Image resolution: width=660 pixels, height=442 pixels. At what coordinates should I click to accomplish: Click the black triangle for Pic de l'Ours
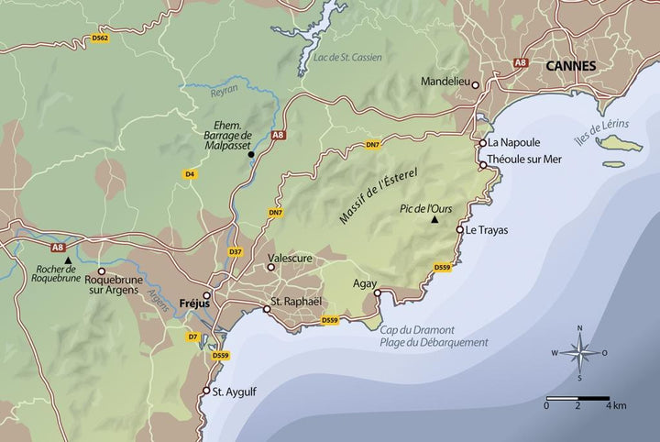[x=435, y=221]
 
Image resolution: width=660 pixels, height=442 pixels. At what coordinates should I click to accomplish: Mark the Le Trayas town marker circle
[x=460, y=230]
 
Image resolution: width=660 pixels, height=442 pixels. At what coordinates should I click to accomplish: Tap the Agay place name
[x=366, y=283]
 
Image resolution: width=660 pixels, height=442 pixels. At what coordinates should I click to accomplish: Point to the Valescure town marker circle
[x=270, y=268]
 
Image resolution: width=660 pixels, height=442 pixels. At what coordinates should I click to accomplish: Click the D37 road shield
[x=235, y=252]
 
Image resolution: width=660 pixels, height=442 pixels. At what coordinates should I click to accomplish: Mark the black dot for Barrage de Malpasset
[x=250, y=154]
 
